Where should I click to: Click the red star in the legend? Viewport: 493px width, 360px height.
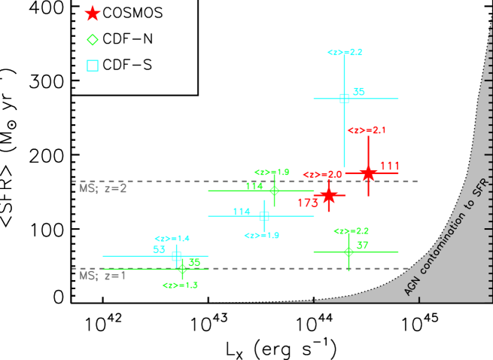93,14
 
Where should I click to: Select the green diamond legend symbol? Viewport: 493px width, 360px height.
93,40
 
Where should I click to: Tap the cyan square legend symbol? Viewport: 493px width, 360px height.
93,66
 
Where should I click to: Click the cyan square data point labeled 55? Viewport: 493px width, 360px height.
344,99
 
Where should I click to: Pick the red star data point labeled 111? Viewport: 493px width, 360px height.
367,173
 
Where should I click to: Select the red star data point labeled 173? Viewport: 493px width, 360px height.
328,195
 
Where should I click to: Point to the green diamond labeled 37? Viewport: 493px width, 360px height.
348,252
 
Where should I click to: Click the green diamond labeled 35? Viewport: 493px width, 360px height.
182,269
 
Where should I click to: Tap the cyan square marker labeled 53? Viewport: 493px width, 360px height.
176,256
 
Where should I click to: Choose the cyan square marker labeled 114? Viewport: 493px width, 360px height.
264,216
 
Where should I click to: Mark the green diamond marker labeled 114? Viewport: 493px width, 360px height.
274,191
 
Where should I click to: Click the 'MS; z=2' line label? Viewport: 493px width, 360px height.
103,188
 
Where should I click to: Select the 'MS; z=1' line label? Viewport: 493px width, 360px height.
103,276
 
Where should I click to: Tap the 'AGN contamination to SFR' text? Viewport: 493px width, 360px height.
446,237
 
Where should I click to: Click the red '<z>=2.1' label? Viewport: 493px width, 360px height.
367,130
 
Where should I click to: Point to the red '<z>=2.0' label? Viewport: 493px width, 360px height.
322,175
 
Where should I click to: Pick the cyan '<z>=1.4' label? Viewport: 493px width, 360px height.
172,239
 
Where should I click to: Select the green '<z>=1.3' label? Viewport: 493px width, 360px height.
180,285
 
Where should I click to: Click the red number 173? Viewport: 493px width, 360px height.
308,203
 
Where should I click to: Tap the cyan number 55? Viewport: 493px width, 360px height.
358,92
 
